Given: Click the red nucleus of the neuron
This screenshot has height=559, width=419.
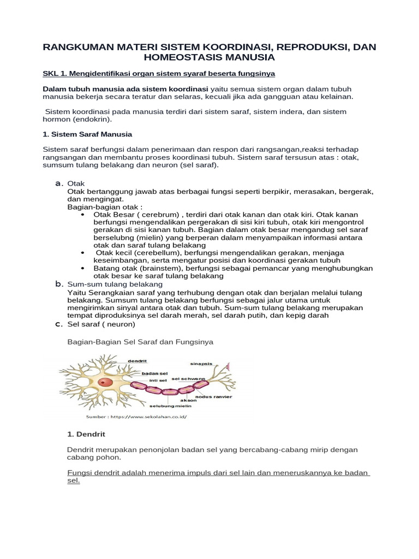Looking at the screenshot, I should pyautogui.click(x=107, y=383).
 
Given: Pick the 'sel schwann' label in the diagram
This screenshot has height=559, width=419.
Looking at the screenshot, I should pyautogui.click(x=188, y=378).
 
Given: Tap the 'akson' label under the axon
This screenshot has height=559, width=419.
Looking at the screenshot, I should pyautogui.click(x=188, y=400).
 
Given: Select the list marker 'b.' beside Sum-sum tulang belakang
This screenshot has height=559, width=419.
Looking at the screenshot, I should pyautogui.click(x=59, y=284).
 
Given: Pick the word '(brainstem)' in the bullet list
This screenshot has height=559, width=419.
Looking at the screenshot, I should pyautogui.click(x=155, y=268).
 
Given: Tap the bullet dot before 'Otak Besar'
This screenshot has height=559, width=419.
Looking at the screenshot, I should pyautogui.click(x=82, y=215).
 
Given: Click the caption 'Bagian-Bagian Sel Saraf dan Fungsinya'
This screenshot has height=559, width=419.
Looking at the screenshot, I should pyautogui.click(x=140, y=341).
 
